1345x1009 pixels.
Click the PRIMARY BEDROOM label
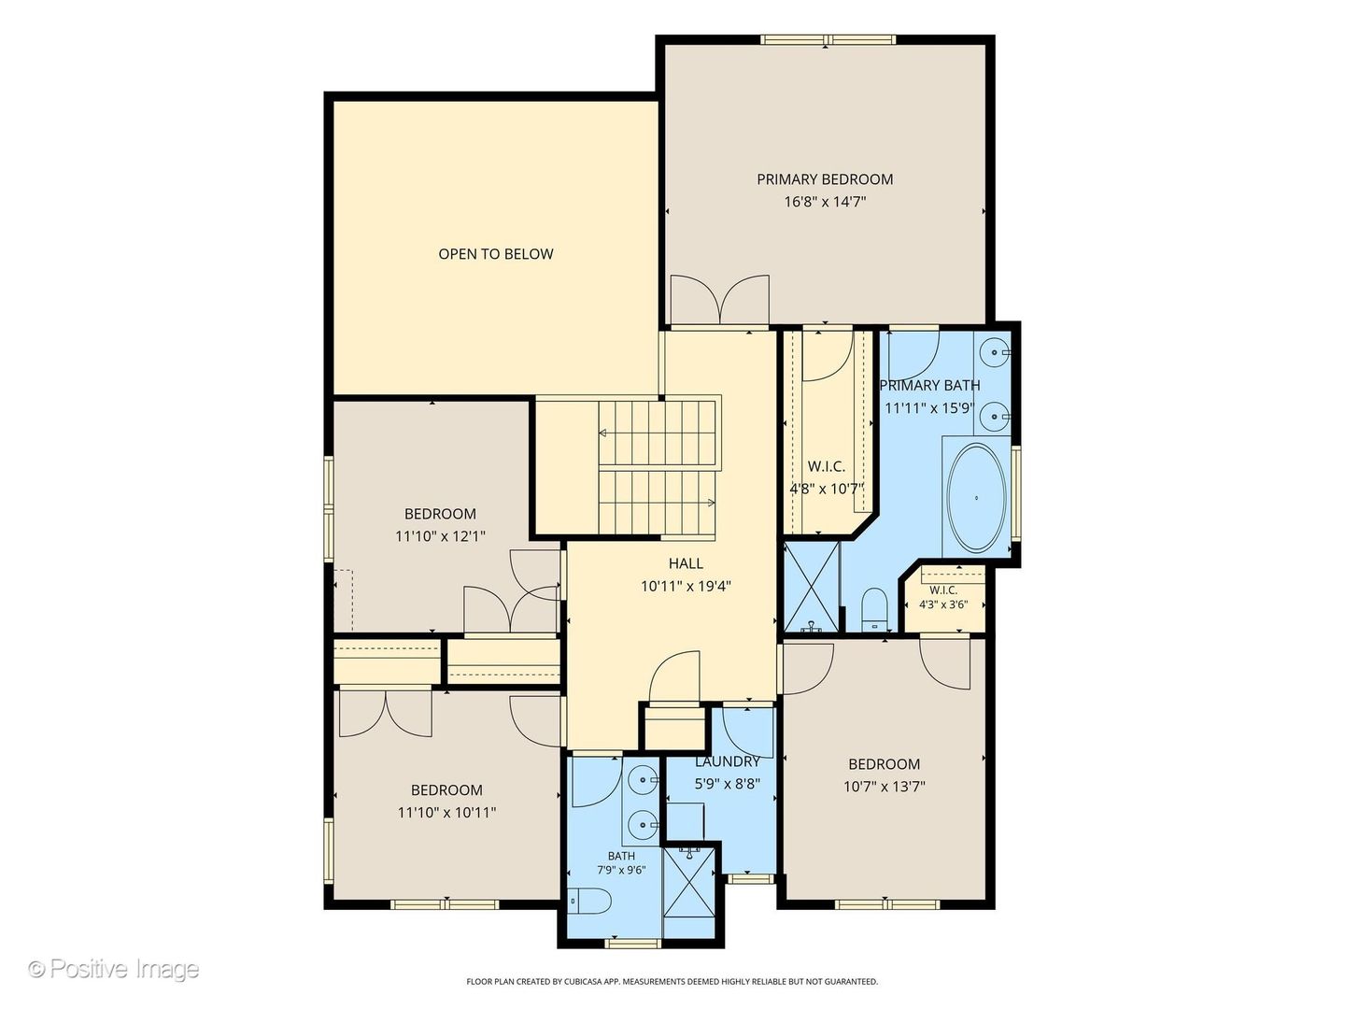(824, 179)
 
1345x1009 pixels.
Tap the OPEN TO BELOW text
(496, 254)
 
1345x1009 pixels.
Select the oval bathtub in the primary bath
(975, 498)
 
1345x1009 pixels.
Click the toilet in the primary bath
(874, 610)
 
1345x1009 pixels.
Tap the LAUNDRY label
(728, 762)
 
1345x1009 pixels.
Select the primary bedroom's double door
(720, 300)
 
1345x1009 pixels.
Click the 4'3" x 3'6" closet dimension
(943, 604)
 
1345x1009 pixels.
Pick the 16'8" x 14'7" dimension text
(825, 202)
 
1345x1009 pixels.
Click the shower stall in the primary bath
(812, 587)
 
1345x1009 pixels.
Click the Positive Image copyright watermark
(114, 969)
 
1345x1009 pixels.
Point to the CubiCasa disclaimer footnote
(672, 981)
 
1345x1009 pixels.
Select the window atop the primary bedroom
(828, 40)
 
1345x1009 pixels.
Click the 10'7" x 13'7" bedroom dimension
(884, 787)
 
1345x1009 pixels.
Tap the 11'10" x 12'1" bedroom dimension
(440, 536)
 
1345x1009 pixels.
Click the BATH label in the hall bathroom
(621, 856)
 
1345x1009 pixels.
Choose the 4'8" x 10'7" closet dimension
(826, 489)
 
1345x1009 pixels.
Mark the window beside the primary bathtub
(1015, 493)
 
